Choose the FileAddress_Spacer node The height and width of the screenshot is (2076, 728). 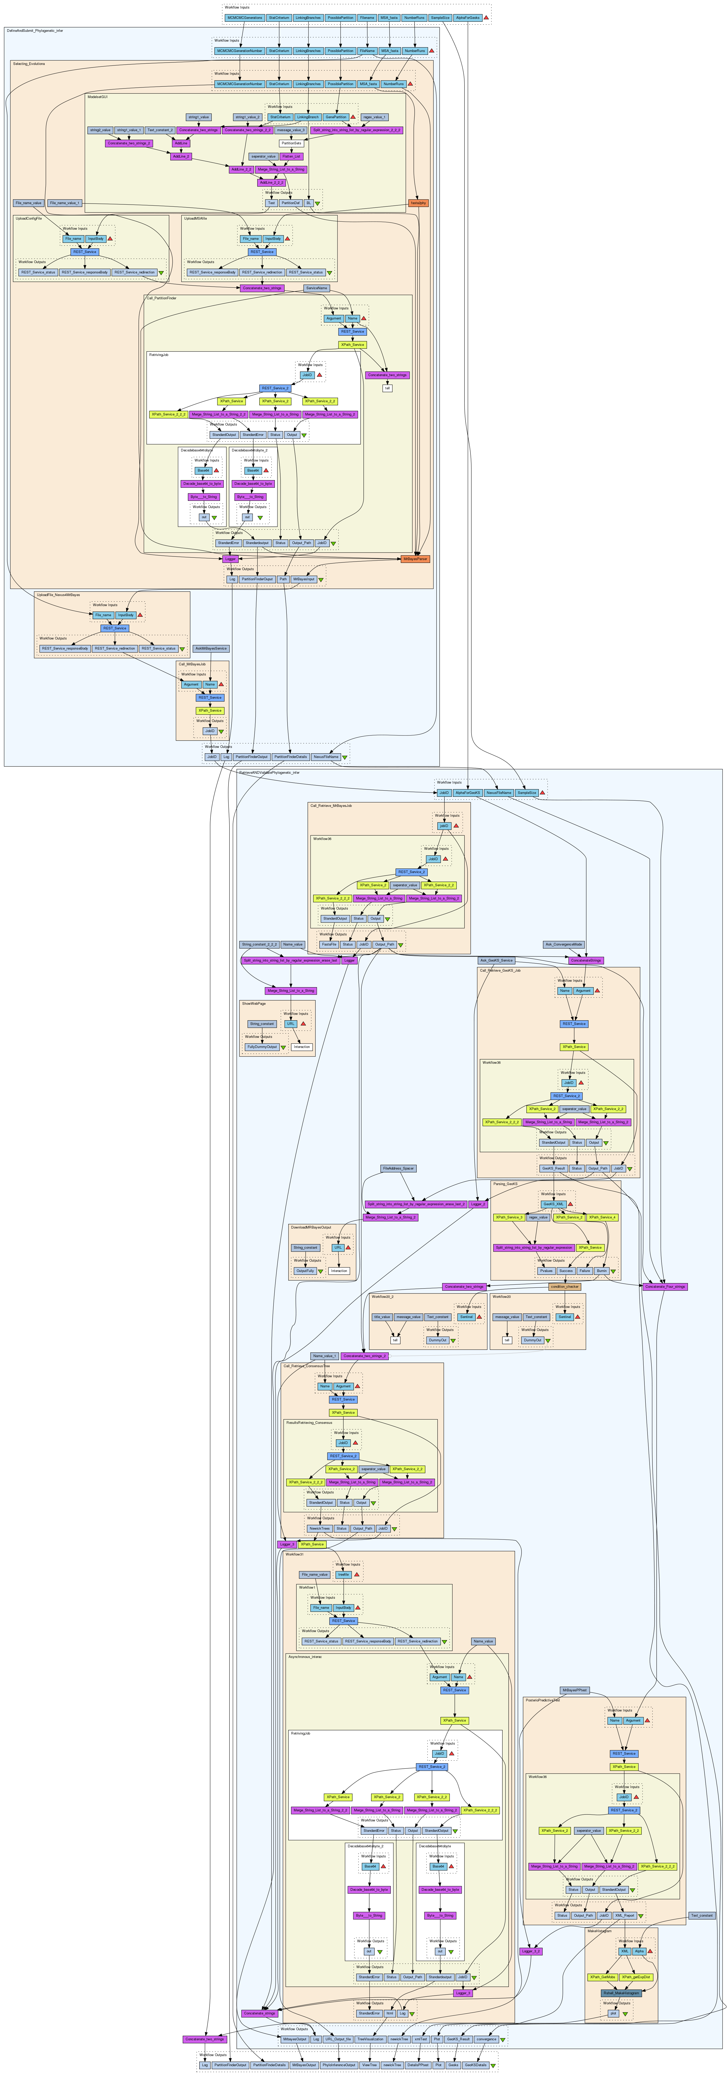pyautogui.click(x=398, y=1169)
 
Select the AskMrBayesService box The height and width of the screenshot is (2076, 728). pyautogui.click(x=211, y=648)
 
